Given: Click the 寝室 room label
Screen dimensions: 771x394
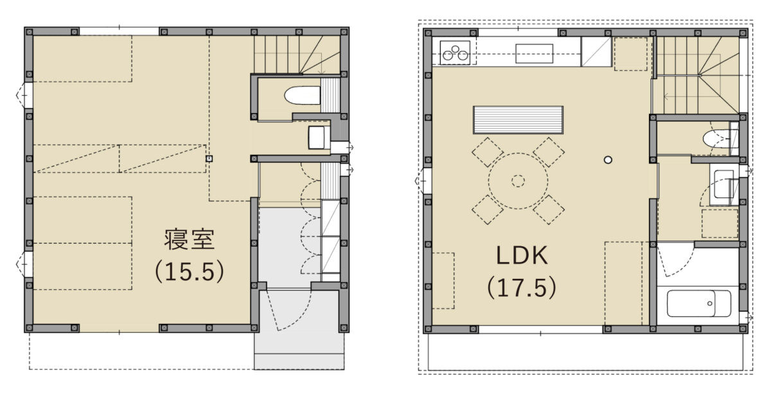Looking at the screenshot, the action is click(x=190, y=239).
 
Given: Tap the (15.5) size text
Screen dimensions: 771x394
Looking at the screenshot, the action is click(x=190, y=271).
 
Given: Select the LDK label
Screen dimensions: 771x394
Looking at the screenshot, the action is click(x=522, y=255).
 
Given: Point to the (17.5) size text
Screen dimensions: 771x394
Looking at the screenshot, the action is click(x=522, y=287).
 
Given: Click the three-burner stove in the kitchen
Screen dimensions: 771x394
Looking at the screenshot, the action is click(x=456, y=53).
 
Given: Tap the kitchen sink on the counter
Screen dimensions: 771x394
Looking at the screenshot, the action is click(x=534, y=53).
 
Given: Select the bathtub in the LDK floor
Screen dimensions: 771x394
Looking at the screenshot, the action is click(x=699, y=303).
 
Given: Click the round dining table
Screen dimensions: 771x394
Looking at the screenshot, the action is click(x=518, y=181).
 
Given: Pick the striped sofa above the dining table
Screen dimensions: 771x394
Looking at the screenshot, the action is click(x=518, y=120).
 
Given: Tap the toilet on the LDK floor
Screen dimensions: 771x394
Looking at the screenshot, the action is click(x=715, y=139).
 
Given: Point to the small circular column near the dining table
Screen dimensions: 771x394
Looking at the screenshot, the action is click(x=608, y=160).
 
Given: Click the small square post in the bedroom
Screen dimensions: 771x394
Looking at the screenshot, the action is click(x=209, y=159).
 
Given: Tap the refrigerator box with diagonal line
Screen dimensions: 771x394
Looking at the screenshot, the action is click(x=596, y=52).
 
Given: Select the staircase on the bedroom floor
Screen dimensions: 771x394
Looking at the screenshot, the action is click(x=297, y=55).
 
